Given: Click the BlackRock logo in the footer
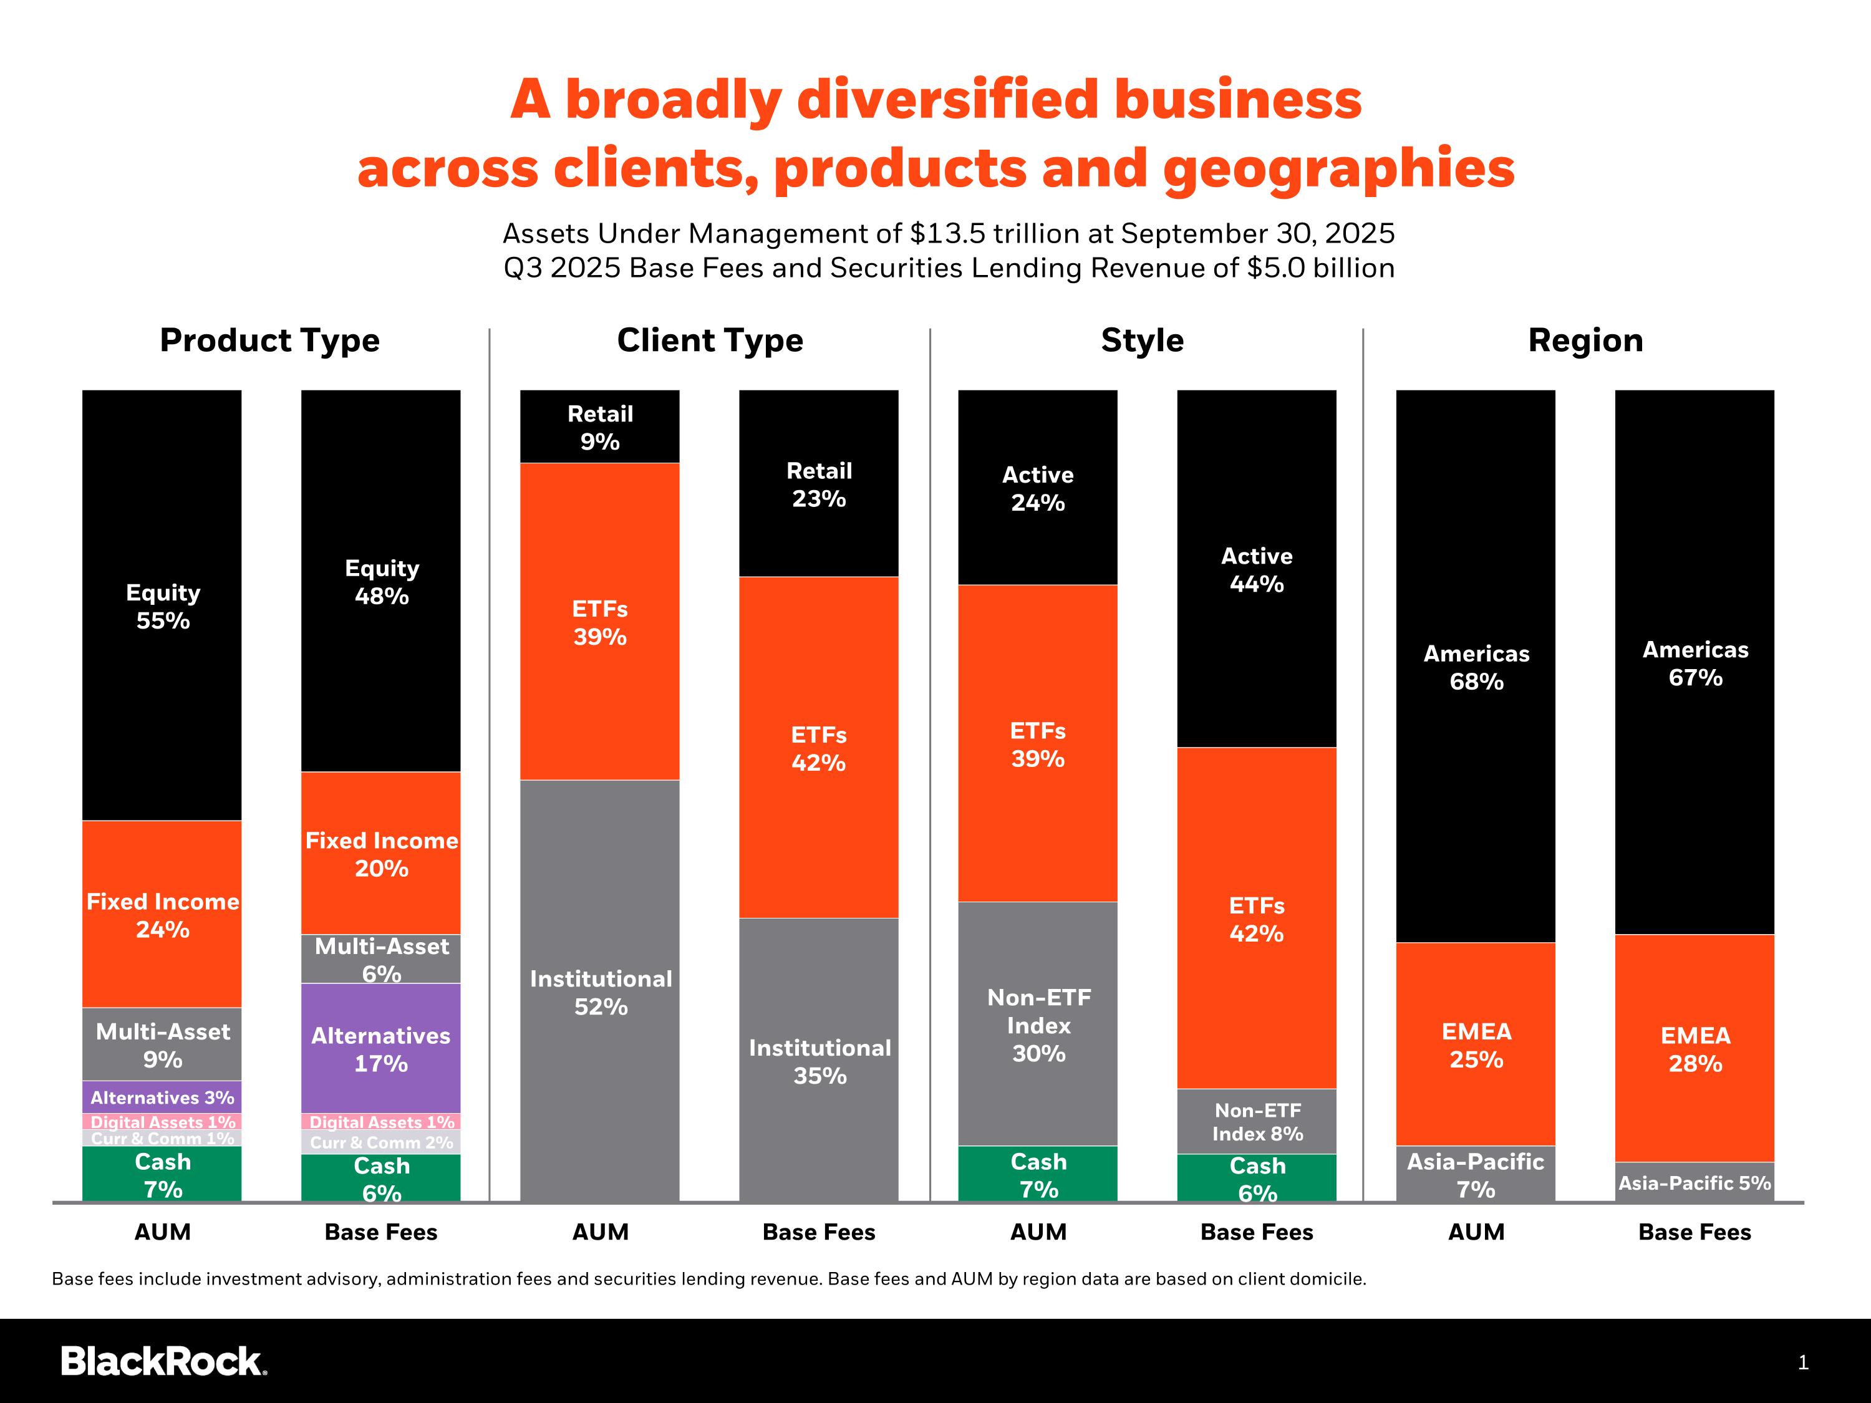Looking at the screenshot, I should [163, 1361].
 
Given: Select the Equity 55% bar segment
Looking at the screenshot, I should [162, 605].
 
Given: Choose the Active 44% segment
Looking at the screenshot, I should [1256, 569].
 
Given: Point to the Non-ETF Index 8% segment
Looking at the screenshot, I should [1256, 1121].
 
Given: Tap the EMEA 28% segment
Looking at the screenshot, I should [1695, 1049].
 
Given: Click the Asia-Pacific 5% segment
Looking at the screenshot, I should [1695, 1182].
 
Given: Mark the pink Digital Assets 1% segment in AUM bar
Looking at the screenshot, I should [162, 1121].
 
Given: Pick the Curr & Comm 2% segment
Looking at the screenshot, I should [380, 1142].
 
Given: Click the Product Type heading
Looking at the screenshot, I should [270, 340].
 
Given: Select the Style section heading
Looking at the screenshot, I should [1142, 340].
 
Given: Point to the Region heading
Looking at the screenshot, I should [1585, 340].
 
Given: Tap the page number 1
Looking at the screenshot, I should [1802, 1362].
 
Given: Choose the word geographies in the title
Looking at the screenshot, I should [1338, 168].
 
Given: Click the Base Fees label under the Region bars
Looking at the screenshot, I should [1695, 1232].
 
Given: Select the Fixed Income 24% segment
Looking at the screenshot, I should [162, 914].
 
